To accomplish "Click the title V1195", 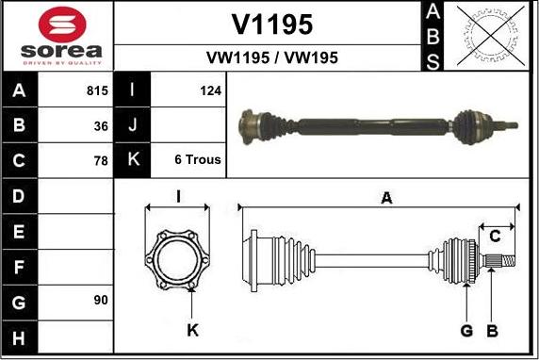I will coord(271,24).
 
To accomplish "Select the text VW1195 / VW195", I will coord(271,57).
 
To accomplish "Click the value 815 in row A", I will coord(96,91).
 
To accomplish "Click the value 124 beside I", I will coord(210,91).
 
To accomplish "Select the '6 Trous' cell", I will coord(198,160).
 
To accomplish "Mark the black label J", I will coord(133,125).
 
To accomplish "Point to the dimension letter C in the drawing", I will coord(494,236).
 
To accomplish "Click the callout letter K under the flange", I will coord(193,329).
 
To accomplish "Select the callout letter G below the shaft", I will coord(465,329).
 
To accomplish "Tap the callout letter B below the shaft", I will coord(491,329).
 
